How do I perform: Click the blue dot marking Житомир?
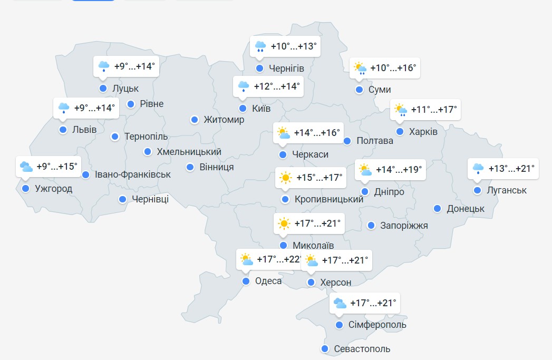click(195, 120)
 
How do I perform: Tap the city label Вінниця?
click(217, 167)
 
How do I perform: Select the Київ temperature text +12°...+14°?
click(277, 86)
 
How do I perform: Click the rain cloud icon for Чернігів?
click(260, 47)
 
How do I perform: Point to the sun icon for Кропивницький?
click(286, 178)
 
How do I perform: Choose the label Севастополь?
click(362, 349)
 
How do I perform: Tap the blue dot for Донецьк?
click(438, 209)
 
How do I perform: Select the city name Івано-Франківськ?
click(133, 174)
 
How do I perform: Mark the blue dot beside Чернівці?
click(122, 199)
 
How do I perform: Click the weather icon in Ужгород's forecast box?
click(26, 167)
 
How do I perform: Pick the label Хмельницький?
click(189, 152)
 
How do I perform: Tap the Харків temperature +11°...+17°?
click(434, 110)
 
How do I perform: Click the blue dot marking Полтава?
click(347, 141)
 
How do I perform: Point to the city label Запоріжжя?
click(404, 226)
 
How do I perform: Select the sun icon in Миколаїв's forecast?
click(284, 224)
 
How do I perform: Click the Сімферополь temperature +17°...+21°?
click(373, 304)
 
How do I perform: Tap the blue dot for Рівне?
click(131, 104)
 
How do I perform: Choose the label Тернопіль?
click(146, 137)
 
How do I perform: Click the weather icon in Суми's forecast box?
click(360, 69)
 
